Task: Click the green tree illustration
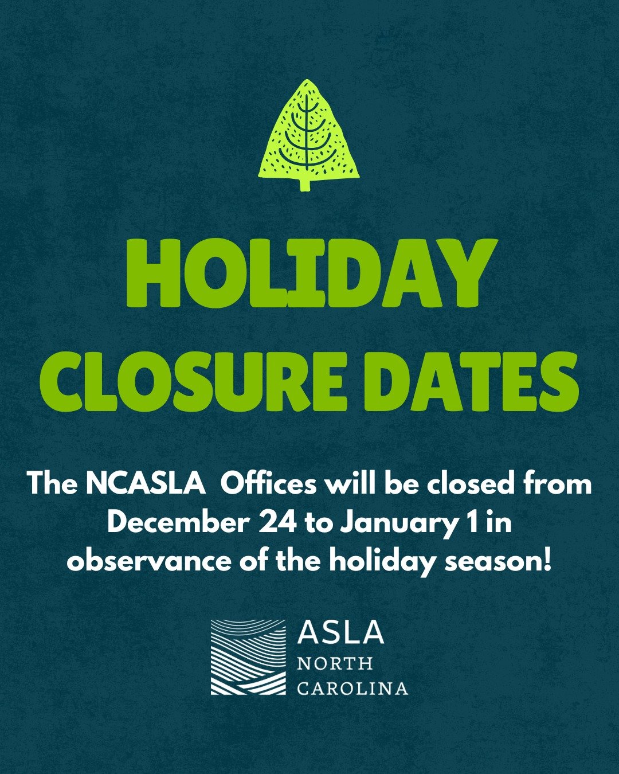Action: coord(308,132)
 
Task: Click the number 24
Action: coord(277,523)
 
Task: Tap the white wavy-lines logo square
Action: coord(248,656)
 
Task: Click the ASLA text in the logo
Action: coord(340,632)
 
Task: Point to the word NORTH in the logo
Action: coord(335,664)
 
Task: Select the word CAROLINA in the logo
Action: coord(352,688)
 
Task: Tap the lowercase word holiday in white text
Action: coord(380,561)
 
